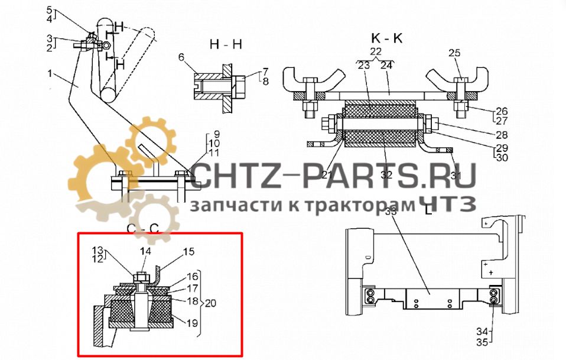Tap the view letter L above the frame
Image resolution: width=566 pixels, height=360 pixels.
tap(428, 208)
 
